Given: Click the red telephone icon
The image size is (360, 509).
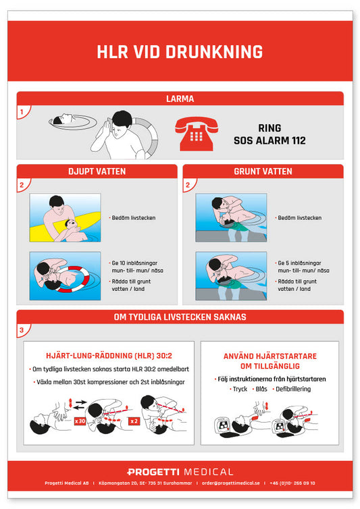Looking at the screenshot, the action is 197,134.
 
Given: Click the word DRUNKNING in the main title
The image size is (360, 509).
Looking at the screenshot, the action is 214,52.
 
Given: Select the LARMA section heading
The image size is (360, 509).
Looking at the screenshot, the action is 180,99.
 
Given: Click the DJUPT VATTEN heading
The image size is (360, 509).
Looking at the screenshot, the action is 97,171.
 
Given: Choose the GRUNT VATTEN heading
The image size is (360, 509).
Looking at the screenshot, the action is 263,171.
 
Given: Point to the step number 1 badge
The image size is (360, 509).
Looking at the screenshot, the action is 22,112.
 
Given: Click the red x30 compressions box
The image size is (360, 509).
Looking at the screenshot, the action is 80,421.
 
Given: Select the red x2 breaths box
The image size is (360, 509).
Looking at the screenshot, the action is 134,421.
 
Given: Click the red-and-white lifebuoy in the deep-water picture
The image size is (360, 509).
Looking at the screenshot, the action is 74,280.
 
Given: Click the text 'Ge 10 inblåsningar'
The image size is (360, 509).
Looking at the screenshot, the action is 134,263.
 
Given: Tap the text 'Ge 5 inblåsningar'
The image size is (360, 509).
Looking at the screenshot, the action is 299,263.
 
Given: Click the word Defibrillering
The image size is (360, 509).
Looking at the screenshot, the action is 293,389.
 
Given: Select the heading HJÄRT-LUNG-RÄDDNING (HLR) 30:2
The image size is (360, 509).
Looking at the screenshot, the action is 109,356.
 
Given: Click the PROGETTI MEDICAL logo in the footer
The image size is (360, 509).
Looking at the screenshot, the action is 180,472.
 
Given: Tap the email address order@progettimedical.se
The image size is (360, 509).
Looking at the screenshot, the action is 231,483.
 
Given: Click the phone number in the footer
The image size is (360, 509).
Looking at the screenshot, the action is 292,483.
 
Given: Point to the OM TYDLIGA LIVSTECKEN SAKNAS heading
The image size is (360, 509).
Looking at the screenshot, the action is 180,317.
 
